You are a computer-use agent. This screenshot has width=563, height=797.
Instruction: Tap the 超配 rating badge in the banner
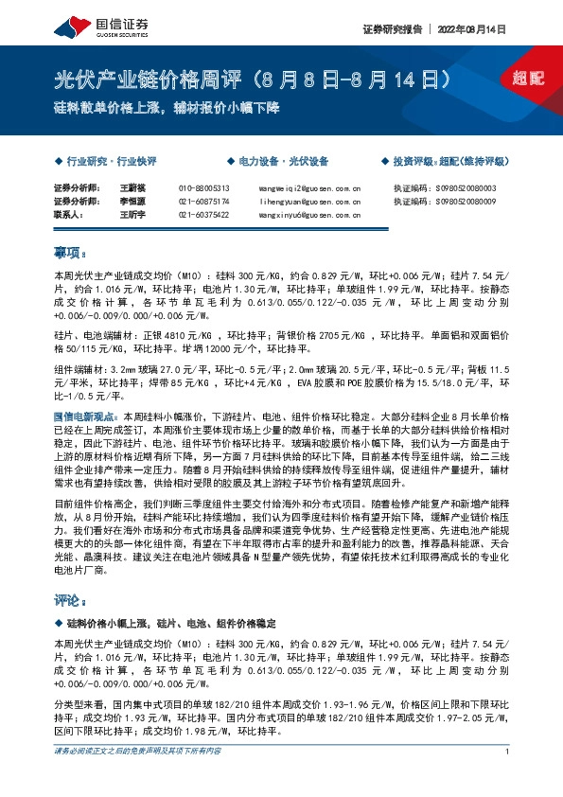(527, 80)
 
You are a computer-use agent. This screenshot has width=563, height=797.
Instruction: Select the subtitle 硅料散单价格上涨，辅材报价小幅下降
(166, 108)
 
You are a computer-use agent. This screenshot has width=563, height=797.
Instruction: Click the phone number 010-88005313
(203, 188)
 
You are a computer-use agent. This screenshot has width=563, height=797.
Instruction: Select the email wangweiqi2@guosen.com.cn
(309, 188)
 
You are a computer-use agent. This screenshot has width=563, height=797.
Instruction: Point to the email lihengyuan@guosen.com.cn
(309, 202)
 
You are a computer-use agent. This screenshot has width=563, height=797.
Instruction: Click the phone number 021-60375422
(203, 215)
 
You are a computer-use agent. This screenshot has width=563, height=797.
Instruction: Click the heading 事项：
(70, 253)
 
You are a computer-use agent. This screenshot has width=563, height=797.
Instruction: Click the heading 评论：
(70, 600)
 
